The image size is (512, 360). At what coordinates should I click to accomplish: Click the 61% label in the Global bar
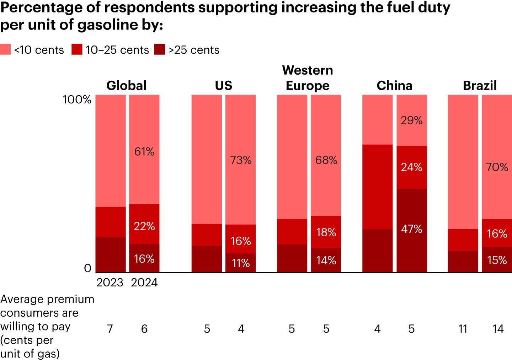click(x=144, y=152)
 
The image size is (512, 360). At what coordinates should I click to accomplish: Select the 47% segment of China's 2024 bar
click(x=412, y=229)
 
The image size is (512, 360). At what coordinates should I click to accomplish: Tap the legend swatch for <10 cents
click(x=5, y=49)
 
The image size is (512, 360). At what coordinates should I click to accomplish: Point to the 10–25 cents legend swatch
click(x=77, y=49)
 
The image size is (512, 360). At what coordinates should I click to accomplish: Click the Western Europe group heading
click(x=308, y=78)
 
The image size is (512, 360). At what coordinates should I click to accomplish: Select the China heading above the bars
click(x=394, y=86)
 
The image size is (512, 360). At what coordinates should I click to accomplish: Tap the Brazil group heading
click(x=480, y=86)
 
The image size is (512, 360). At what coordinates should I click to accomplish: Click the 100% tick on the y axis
click(x=77, y=100)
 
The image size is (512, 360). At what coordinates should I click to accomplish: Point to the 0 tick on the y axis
click(x=87, y=268)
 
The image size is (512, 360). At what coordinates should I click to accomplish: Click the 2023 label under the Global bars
click(x=110, y=283)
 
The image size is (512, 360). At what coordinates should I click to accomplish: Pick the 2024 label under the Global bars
click(x=144, y=283)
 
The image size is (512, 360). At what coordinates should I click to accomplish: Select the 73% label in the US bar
click(x=241, y=160)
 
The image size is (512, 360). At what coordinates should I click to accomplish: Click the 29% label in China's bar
click(x=412, y=120)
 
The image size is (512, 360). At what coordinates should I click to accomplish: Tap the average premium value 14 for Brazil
click(x=498, y=329)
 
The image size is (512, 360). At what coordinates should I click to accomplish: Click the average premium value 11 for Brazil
click(x=463, y=329)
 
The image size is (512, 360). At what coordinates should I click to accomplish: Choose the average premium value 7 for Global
click(x=110, y=329)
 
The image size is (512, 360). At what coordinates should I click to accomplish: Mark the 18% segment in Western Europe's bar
click(x=326, y=232)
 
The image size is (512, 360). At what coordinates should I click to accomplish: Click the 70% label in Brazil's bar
click(x=497, y=167)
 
